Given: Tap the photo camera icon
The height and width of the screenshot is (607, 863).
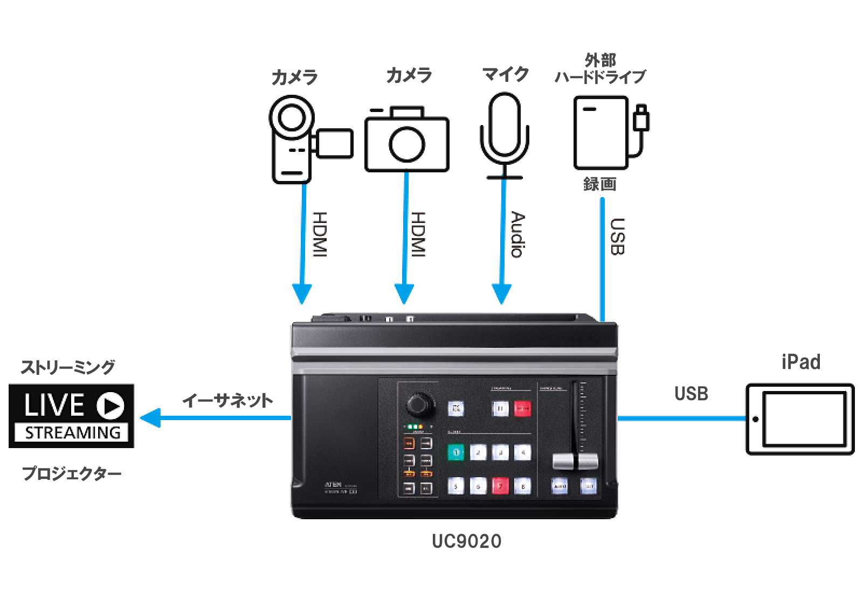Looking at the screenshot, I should (407, 139).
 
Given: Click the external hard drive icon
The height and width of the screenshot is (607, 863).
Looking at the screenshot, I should (604, 132).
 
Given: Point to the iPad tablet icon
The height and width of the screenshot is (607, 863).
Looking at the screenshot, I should (800, 419).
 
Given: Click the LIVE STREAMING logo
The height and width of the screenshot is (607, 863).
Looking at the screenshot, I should (71, 416).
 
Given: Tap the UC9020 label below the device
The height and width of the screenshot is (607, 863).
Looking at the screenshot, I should (467, 541).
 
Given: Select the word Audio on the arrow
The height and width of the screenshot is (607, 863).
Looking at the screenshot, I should (517, 234).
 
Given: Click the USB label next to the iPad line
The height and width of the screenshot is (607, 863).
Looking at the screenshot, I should (691, 394).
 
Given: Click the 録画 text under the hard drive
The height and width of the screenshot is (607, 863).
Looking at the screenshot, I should (599, 184).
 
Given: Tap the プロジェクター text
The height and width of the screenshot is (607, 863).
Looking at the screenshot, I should (72, 474).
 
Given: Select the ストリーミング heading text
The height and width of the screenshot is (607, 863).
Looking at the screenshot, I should (68, 367).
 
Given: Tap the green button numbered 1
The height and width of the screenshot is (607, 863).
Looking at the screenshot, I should (455, 452).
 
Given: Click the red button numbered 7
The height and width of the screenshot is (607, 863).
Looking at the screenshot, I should (500, 486).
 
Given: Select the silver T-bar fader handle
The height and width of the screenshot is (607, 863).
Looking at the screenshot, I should (575, 461).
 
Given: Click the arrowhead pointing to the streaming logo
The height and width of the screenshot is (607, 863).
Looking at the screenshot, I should (150, 418).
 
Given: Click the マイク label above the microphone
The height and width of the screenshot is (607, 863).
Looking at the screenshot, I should (505, 74).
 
